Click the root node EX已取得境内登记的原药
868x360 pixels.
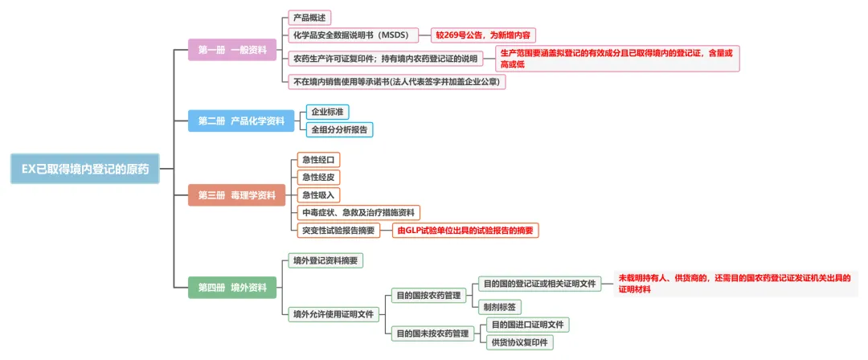[x=84, y=169]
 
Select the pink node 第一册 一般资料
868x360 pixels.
[x=232, y=50]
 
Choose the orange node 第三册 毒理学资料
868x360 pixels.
[x=236, y=195]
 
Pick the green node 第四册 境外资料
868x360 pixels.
[x=232, y=288]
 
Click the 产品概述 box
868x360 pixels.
[x=310, y=18]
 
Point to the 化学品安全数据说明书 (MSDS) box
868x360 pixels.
[x=351, y=35]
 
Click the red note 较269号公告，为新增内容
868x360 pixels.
[x=483, y=35]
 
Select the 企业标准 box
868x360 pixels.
[x=328, y=112]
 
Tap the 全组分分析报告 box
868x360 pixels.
[x=340, y=129]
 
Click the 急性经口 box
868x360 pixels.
[x=318, y=160]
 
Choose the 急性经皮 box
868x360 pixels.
[x=318, y=178]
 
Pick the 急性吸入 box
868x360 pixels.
[x=318, y=195]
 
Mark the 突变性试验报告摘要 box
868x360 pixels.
[x=339, y=231]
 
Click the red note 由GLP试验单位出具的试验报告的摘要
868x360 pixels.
[x=465, y=231]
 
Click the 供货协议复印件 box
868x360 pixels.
[x=520, y=342]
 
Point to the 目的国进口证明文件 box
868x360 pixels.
[x=527, y=325]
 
